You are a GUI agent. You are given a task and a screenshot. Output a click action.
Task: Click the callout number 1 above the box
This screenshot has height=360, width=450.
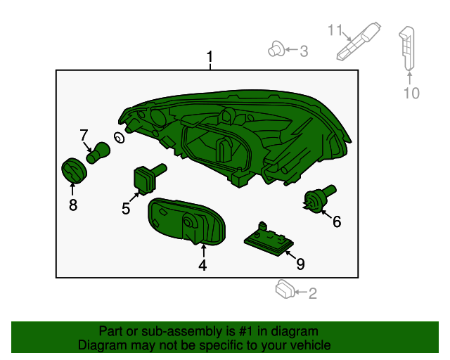(210, 57)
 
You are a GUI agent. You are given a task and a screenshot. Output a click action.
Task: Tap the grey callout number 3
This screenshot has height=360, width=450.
(304, 51)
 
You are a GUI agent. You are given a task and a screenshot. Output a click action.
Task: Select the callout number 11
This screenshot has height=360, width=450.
(335, 30)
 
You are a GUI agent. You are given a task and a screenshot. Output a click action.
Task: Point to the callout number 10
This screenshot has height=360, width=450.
(411, 94)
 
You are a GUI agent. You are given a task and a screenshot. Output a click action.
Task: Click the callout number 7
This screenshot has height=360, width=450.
(84, 135)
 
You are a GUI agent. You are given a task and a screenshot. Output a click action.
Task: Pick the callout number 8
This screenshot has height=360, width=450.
(73, 205)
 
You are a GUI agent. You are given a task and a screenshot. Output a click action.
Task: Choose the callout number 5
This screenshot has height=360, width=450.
(126, 209)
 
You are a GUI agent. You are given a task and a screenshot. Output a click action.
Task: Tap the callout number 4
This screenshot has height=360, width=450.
(202, 265)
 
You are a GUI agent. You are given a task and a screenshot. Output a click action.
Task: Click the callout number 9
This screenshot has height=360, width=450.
(300, 264)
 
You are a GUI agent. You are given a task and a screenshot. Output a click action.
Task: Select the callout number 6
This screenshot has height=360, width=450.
(337, 222)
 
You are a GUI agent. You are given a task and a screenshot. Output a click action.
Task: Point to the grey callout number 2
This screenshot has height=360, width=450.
(312, 294)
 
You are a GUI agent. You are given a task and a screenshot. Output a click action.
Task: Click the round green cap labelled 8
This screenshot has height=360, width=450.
(75, 170)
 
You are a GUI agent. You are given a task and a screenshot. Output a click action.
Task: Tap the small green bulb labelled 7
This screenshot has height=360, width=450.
(98, 153)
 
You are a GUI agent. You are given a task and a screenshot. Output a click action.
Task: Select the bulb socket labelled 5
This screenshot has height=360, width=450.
(149, 178)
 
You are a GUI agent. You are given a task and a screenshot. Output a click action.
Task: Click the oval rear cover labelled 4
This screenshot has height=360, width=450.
(186, 221)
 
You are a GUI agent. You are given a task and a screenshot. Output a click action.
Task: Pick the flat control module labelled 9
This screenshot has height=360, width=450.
(269, 240)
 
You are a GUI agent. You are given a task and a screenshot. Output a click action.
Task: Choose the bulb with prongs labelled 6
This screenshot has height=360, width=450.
(319, 199)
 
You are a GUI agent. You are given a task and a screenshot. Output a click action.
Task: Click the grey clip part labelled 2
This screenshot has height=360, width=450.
(285, 290)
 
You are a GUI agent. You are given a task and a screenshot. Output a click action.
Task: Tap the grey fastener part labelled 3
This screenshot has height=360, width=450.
(276, 49)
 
